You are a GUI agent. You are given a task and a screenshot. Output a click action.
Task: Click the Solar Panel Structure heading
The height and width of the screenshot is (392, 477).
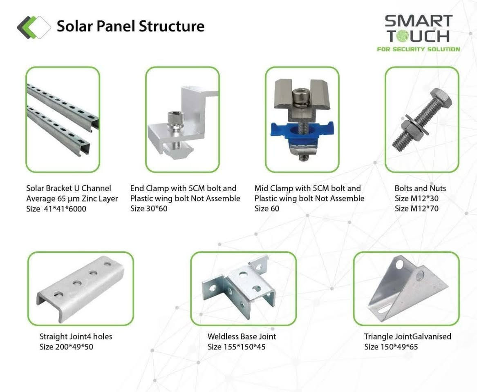pyautogui.click(x=130, y=26)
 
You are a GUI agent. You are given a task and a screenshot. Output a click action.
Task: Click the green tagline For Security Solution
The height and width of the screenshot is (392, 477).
pyautogui.click(x=419, y=49)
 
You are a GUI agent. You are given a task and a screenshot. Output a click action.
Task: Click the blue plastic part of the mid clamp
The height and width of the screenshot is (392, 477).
pyautogui.click(x=302, y=132)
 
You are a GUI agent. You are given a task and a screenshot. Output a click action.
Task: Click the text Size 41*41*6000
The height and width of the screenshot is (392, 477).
pyautogui.click(x=56, y=209)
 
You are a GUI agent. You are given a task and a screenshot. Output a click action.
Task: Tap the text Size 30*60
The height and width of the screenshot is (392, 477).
pyautogui.click(x=149, y=209)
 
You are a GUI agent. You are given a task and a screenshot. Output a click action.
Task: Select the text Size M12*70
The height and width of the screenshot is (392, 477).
pyautogui.click(x=417, y=209)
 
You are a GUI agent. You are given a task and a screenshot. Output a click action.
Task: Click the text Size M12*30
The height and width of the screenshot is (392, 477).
pyautogui.click(x=417, y=198)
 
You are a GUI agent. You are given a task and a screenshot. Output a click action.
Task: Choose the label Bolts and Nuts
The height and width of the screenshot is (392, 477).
pyautogui.click(x=420, y=188)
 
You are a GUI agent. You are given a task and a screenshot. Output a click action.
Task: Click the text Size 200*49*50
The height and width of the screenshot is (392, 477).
pyautogui.click(x=66, y=347)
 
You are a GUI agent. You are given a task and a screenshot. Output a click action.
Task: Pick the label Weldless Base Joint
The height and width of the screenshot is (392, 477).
pyautogui.click(x=242, y=336)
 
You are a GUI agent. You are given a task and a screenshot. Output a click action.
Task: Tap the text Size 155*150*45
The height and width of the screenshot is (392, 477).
pyautogui.click(x=236, y=347)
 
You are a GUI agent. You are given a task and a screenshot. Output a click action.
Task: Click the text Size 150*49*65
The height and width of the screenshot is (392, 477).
pyautogui.click(x=391, y=347)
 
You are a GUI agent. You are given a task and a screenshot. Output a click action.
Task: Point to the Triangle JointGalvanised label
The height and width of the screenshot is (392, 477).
pyautogui.click(x=408, y=336)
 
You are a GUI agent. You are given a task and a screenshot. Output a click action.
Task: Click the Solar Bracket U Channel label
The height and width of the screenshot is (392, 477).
pyautogui.click(x=68, y=188)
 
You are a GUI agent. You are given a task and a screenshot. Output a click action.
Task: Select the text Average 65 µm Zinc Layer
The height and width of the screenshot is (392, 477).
pyautogui.click(x=72, y=199)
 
